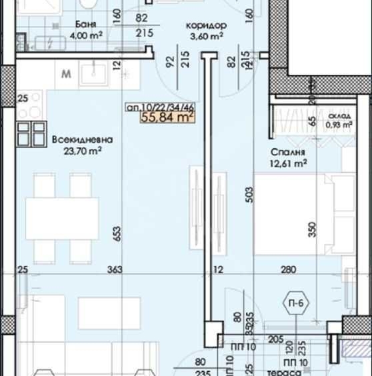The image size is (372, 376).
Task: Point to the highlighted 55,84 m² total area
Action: click(x=167, y=118)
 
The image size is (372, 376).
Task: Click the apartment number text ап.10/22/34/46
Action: click(x=160, y=107)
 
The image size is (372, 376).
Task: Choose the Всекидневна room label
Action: click(x=82, y=140)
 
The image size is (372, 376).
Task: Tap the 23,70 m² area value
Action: click(x=82, y=151)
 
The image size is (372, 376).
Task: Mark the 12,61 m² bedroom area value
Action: click(x=289, y=162)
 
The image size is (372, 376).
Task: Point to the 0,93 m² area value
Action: click(x=338, y=124)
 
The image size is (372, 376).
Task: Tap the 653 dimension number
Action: click(x=117, y=233)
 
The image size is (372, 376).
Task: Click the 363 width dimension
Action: click(x=115, y=269)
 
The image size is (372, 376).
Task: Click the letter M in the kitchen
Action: click(x=66, y=73)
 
